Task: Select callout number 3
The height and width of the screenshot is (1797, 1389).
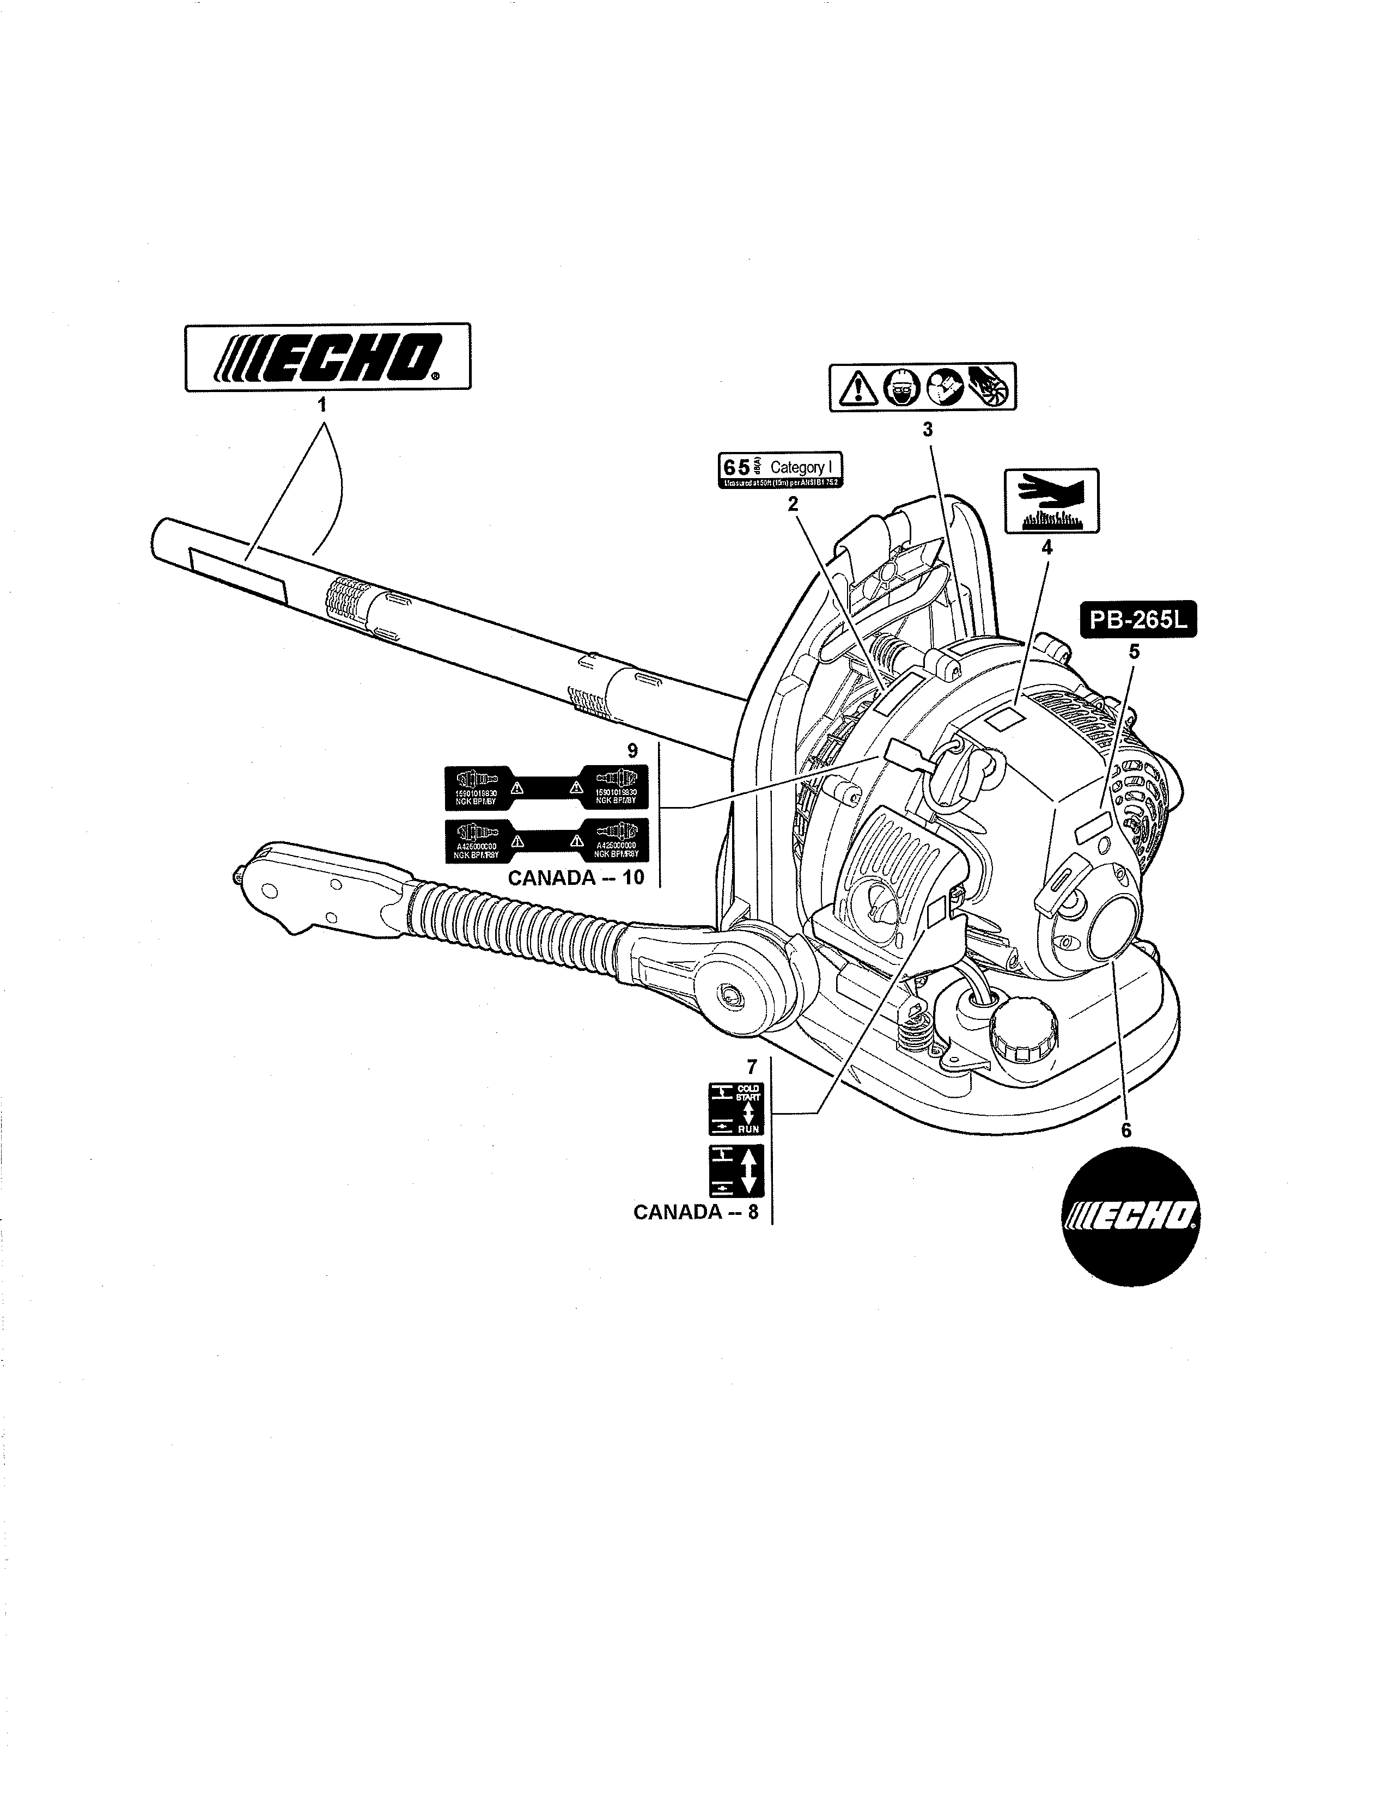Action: [x=928, y=429]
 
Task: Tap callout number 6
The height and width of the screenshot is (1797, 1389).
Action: [x=1126, y=1130]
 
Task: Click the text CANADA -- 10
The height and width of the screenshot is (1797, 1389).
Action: [x=575, y=878]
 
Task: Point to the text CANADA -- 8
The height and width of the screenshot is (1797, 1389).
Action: [x=696, y=1212]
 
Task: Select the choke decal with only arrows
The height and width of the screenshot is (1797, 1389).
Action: [x=736, y=1170]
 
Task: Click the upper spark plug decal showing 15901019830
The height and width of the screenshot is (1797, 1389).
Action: [x=546, y=787]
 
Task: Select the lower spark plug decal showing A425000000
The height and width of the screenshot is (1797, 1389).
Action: [x=546, y=840]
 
